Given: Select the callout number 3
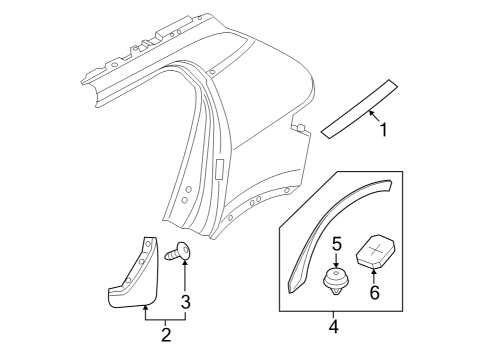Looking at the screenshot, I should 185,300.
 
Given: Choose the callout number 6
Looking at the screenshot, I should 376,293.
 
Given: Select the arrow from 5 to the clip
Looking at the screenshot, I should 337,262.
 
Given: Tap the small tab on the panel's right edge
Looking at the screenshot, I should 298,126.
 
